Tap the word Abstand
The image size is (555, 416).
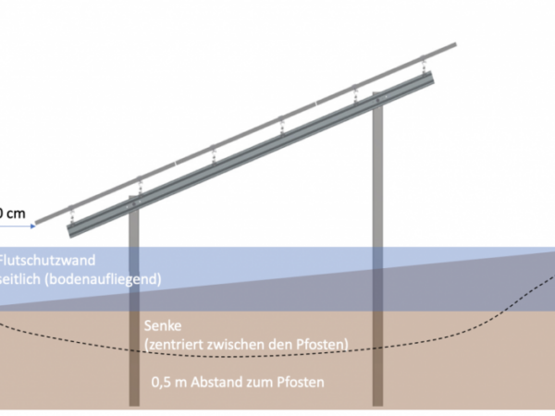(x=222, y=379)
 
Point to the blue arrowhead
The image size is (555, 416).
(x=32, y=225)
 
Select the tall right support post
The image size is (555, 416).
(x=377, y=259)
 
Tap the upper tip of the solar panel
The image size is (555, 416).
(x=456, y=43)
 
